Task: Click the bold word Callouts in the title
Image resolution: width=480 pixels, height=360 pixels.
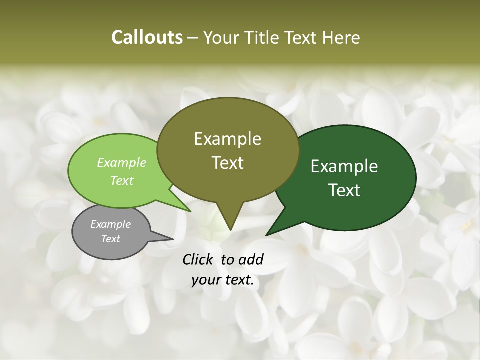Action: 147,37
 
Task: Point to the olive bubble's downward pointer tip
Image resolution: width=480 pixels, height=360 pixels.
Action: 230,230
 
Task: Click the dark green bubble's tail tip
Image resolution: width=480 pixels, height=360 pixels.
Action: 267,235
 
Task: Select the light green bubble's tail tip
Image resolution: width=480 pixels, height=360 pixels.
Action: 190,211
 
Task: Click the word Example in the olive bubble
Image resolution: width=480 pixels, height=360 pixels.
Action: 228,139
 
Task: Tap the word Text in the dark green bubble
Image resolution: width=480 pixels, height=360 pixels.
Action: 345,190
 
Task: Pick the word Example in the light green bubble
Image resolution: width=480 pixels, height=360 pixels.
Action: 122,162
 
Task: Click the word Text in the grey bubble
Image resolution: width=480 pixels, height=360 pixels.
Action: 111,239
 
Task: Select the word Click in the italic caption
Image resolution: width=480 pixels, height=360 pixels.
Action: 198,259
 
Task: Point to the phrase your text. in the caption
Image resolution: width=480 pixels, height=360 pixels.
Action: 223,280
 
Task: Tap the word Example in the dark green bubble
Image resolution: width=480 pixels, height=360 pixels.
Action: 345,166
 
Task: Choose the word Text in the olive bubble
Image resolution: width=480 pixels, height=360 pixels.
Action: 228,163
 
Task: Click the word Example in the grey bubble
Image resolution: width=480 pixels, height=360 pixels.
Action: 111,224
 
